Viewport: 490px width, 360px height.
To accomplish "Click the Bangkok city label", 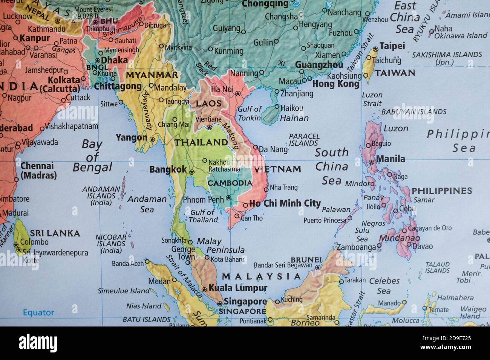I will [168, 170].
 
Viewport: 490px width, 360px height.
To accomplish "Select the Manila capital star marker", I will [371, 162].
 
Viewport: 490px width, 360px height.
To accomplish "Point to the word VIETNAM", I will [277, 169].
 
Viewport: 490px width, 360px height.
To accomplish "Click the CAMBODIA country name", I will [230, 183].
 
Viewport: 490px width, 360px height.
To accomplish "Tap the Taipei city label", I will [392, 46].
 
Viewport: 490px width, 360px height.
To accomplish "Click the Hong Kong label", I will [336, 84].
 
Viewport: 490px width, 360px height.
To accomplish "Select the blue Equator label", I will [38, 313].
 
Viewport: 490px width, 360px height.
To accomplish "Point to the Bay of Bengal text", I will [92, 156].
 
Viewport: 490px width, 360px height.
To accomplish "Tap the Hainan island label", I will [294, 118].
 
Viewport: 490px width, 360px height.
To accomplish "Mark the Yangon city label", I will [131, 137].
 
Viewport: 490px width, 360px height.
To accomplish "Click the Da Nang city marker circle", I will [256, 147].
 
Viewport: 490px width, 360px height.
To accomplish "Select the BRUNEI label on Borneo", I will [306, 260].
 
